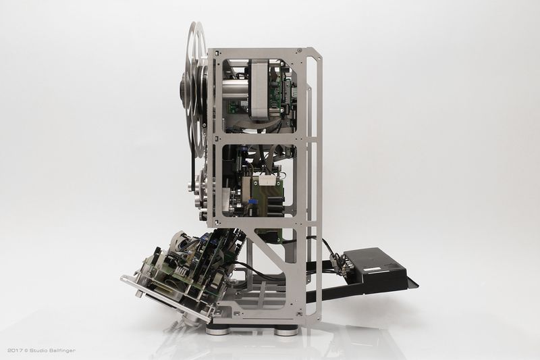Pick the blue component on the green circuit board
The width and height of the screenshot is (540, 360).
click(x=252, y=200)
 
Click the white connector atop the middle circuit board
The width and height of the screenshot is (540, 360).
click(x=268, y=180)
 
